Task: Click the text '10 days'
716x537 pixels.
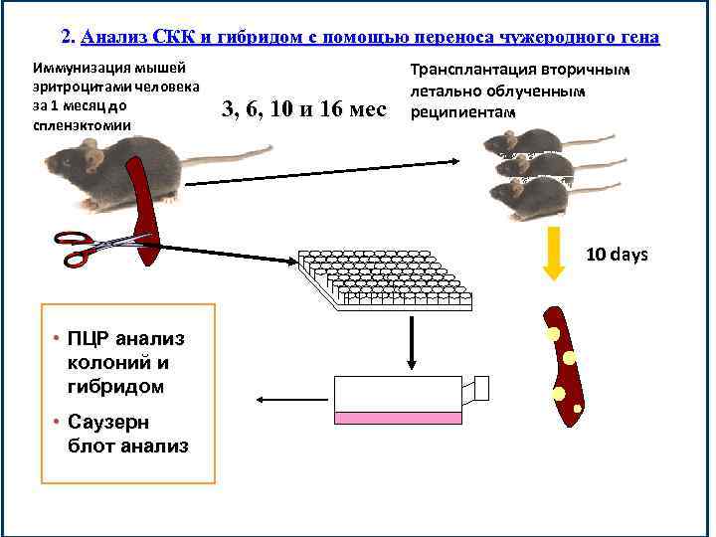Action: click(x=617, y=255)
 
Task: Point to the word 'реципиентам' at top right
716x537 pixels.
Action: click(x=462, y=111)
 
